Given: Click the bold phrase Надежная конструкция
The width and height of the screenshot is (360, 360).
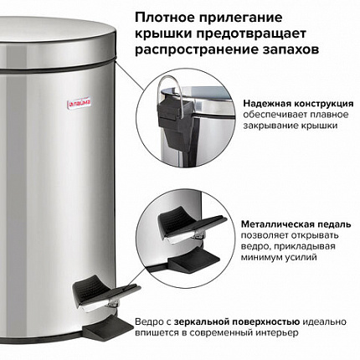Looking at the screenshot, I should [298, 97].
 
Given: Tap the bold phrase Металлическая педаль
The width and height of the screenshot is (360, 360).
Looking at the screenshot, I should [296, 225].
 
